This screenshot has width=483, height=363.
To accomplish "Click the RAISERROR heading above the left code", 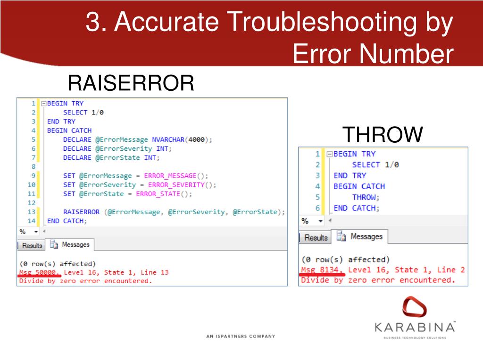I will [x=131, y=84].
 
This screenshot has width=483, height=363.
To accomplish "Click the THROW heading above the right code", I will [x=382, y=135].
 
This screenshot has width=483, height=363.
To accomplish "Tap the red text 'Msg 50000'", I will [x=40, y=272].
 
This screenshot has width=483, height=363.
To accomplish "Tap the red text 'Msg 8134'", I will [x=323, y=270].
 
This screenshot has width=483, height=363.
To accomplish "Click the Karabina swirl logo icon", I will [x=414, y=307].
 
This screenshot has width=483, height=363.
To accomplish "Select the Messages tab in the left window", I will [x=71, y=245].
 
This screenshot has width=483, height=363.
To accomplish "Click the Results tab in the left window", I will [x=32, y=245].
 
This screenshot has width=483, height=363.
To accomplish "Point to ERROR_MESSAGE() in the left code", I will [x=176, y=176].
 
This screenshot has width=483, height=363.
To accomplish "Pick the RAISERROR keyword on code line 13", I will [x=81, y=212].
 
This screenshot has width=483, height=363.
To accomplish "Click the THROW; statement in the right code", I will [x=366, y=197].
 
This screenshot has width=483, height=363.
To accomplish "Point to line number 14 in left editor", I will [x=32, y=221].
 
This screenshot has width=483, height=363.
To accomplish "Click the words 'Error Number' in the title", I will [x=373, y=54].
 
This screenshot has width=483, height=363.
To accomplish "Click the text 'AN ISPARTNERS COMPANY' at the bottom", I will [x=241, y=337].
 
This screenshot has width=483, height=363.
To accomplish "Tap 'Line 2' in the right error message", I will [x=451, y=270].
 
